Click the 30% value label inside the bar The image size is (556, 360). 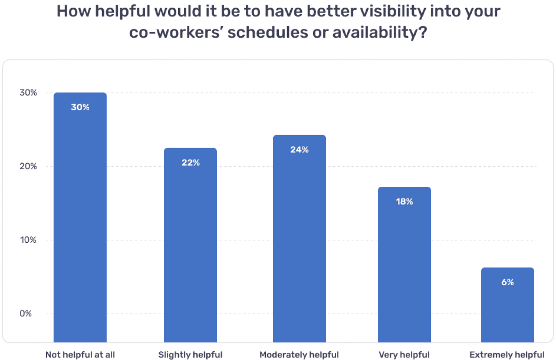click(x=80, y=107)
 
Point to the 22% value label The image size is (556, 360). click(x=190, y=163)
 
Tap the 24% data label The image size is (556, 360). click(x=299, y=150)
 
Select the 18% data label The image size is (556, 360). click(x=404, y=201)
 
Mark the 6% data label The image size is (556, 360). click(x=507, y=282)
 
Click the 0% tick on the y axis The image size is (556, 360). click(x=26, y=314)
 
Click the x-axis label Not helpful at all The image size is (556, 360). click(x=80, y=355)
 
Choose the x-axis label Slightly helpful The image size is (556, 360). click(x=190, y=355)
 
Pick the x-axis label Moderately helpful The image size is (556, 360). click(x=299, y=355)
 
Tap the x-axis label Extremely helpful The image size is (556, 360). click(x=507, y=355)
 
